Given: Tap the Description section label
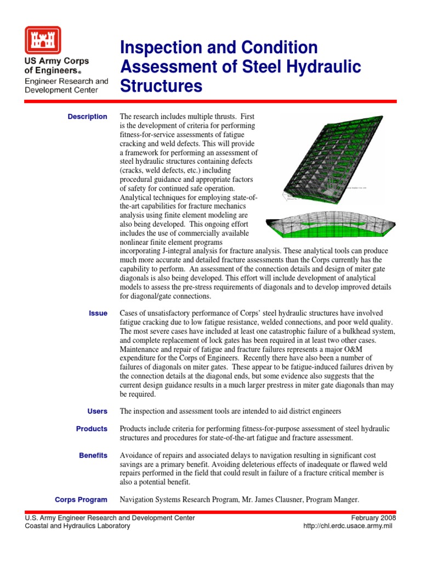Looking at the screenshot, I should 87,117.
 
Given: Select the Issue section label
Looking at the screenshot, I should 98,313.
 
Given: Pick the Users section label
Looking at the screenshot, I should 97,411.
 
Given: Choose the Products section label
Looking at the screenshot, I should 92,429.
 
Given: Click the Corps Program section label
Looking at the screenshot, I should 81,500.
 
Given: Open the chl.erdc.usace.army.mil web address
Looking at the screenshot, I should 350,526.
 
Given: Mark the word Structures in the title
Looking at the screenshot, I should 161,86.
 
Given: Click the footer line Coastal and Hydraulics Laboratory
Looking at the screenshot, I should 78,526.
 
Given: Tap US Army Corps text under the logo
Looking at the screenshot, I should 56,61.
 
